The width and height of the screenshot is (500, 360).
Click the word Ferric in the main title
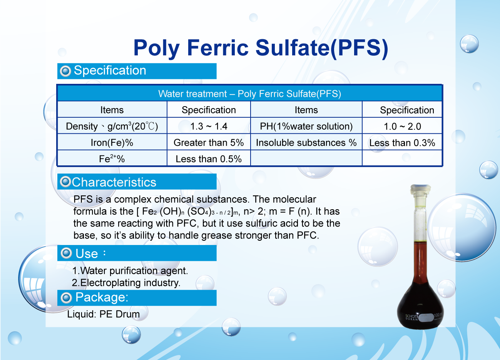(217, 48)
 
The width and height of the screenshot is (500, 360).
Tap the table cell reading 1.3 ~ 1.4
(209, 126)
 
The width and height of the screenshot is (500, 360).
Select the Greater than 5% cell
(209, 143)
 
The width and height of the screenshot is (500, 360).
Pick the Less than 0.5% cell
(209, 159)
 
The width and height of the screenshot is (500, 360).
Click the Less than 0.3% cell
(402, 143)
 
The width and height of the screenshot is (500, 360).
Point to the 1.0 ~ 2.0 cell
(402, 127)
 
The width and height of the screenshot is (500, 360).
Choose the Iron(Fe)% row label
(112, 143)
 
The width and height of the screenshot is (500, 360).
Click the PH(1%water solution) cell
(306, 126)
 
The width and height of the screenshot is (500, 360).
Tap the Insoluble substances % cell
(306, 143)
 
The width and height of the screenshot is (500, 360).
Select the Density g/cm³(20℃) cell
(112, 126)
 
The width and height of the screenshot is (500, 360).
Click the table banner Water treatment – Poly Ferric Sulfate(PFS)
(249, 94)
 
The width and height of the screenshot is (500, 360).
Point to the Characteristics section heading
(114, 182)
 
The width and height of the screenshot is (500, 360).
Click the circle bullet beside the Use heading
(66, 253)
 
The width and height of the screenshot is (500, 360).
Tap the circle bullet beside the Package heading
(66, 298)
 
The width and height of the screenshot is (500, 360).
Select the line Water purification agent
(130, 270)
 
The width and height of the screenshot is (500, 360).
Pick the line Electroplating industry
(126, 283)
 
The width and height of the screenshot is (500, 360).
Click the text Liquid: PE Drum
(103, 314)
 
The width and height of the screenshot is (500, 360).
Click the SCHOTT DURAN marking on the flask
(411, 317)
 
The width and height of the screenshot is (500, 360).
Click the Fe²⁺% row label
(112, 158)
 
